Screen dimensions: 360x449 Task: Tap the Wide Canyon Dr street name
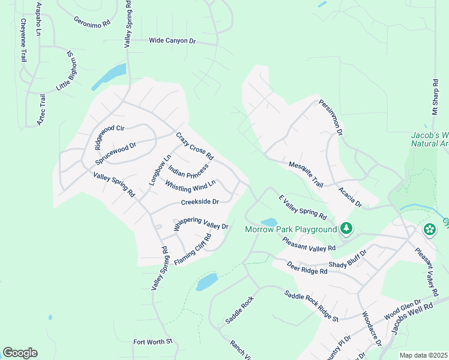click(173, 41)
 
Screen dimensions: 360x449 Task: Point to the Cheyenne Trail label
click(24, 41)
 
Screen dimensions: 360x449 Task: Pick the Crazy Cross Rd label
click(194, 146)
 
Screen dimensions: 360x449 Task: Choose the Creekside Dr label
click(199, 202)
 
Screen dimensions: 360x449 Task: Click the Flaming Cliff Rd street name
click(193, 250)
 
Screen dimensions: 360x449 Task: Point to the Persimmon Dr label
click(330, 116)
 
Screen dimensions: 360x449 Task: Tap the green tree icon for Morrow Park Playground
click(346, 229)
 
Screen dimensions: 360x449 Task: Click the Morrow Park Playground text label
click(291, 230)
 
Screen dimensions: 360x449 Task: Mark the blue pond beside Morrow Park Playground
click(269, 222)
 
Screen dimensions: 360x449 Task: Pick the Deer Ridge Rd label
click(306, 268)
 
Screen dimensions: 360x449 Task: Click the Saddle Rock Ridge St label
click(311, 305)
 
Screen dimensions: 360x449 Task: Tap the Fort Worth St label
click(152, 342)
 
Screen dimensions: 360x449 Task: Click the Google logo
click(20, 353)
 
